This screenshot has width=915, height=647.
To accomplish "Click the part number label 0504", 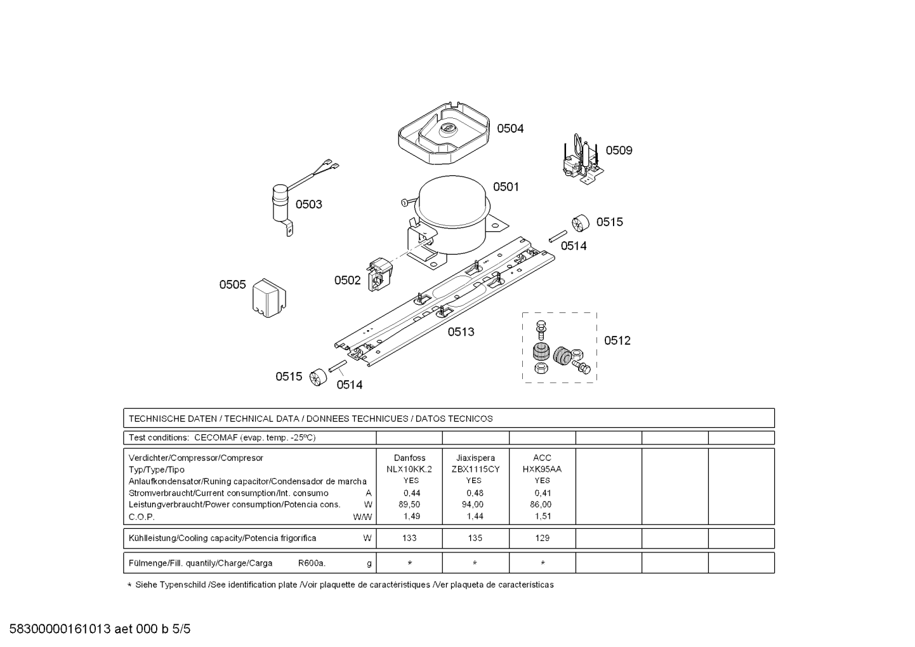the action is (510, 129).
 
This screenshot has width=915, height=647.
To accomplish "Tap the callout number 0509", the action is (619, 150).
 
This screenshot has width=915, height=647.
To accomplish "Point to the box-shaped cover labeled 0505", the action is (269, 298).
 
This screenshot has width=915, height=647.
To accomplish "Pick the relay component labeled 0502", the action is (380, 274).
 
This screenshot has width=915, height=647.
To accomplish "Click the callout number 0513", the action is (461, 332).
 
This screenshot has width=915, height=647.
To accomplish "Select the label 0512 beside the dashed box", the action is (617, 340).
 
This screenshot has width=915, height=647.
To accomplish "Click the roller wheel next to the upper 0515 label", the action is (581, 223).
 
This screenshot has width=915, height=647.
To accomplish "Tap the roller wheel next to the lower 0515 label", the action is (318, 378).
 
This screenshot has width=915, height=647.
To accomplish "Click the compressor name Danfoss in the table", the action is (409, 458).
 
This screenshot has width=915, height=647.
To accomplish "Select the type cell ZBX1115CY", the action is (475, 469).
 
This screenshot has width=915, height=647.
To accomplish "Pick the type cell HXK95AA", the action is (542, 469).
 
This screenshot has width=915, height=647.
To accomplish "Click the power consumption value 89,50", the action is (409, 505).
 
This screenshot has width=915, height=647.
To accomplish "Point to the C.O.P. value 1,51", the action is (543, 516).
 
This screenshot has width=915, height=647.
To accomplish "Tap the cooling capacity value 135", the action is (475, 538).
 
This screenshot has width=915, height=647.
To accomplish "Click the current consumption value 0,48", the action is (475, 493).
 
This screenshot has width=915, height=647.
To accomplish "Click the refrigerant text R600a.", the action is (312, 563).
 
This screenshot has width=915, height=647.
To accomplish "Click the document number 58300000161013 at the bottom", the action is (60, 629).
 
